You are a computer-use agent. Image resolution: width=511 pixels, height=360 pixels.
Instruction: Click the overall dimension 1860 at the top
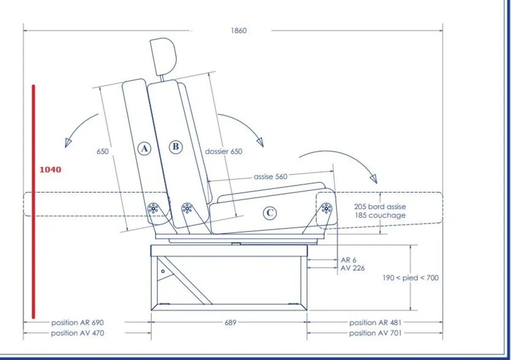coord(239,31)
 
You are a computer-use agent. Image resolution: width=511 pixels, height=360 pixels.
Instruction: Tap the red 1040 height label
coord(50,170)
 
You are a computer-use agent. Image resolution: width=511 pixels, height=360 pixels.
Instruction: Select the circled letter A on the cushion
coord(145,148)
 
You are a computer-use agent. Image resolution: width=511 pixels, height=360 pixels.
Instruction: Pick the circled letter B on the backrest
coord(175,147)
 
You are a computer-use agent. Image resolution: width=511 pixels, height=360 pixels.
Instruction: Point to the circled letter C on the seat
coord(270,213)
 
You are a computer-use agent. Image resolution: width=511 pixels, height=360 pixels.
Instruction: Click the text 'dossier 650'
coord(224,151)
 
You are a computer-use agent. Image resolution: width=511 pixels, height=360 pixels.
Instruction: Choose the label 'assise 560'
coord(270,176)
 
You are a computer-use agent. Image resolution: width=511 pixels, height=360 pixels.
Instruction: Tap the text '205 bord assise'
coord(380,207)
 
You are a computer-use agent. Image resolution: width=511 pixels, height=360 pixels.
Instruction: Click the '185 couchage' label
coord(380,215)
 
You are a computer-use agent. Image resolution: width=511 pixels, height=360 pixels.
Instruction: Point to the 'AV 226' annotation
coord(353,268)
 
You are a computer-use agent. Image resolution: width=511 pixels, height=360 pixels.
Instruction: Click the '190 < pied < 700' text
coord(410,278)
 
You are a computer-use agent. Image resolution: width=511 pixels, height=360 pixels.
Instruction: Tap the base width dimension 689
coord(230,323)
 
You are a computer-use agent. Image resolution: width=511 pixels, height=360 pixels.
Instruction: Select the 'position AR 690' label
coord(78,323)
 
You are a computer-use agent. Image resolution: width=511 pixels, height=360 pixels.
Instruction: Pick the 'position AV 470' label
coord(78,333)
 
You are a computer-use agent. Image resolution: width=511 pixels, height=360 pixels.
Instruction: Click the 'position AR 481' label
coord(375,323)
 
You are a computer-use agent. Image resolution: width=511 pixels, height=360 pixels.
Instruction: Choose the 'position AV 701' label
coord(375,333)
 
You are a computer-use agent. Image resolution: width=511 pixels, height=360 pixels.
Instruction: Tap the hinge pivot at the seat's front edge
coord(327,208)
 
